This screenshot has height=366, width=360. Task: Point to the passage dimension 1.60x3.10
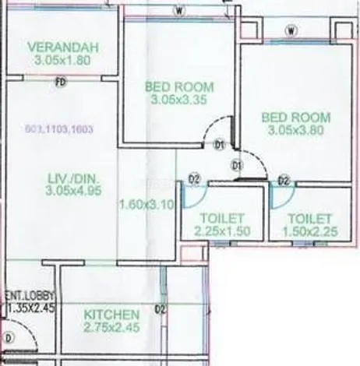click(145, 206)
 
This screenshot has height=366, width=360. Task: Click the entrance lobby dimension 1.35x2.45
click(30, 308)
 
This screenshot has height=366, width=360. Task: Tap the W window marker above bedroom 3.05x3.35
click(179, 11)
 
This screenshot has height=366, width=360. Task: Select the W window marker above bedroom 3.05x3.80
click(290, 31)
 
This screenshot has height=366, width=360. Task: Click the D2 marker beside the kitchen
click(161, 309)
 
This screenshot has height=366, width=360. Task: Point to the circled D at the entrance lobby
click(10, 339)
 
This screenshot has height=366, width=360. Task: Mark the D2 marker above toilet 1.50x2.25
click(284, 181)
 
